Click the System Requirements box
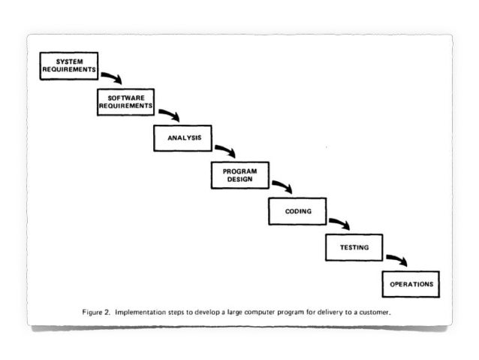69,66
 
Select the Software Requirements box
126,102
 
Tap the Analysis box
183,138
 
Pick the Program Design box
240,175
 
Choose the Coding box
297,211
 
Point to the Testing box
354,247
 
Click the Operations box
411,284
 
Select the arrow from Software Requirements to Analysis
168,113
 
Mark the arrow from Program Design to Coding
282,186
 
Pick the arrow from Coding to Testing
339,222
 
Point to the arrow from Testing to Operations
396,259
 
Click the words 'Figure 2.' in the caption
97,308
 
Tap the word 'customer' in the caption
373,308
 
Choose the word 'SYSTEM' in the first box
69,61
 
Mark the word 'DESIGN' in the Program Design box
240,180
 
